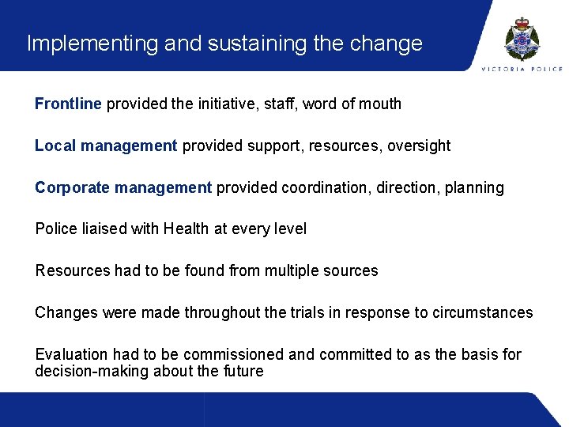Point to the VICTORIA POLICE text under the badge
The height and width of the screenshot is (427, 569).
[x=522, y=69]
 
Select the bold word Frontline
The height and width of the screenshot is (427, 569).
[x=68, y=104]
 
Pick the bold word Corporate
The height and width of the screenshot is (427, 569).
[x=72, y=187]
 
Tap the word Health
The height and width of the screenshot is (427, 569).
[x=185, y=229]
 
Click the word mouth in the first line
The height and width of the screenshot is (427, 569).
[x=381, y=104]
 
